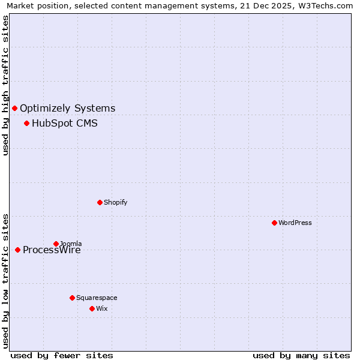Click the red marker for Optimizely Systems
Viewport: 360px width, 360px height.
[x=14, y=108]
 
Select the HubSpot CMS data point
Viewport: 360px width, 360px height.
[x=26, y=123]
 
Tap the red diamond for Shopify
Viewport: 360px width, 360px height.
[x=100, y=202]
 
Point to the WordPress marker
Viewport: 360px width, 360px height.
[x=274, y=223]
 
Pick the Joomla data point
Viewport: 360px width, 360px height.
[x=56, y=244]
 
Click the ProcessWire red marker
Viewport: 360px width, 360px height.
[x=17, y=250]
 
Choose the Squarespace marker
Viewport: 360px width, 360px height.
[x=72, y=298]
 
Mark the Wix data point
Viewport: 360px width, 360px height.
[x=92, y=308]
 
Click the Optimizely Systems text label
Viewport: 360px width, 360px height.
[x=67, y=109]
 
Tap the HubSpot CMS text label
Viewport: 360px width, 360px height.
[x=64, y=124]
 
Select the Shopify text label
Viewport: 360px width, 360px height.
[x=115, y=203]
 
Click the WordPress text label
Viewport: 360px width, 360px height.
[x=295, y=223]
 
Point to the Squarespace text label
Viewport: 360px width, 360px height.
[x=97, y=298]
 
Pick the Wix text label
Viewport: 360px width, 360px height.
[x=101, y=309]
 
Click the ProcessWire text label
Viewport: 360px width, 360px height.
[x=52, y=251]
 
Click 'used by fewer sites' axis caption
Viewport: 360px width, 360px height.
[x=62, y=355]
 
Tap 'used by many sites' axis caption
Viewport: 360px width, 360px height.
[x=301, y=355]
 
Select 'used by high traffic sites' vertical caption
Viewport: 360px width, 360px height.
[x=5, y=85]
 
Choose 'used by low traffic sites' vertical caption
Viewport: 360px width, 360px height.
[x=5, y=280]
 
